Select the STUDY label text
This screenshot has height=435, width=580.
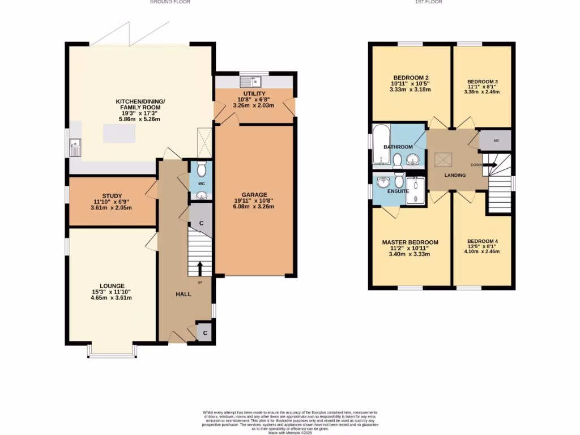112,197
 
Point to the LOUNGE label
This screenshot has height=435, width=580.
112,285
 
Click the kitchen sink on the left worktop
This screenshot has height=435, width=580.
75,148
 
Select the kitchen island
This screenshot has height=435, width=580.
121,134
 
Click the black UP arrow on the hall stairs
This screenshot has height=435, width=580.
200,268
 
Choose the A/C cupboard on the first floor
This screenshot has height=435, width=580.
496,140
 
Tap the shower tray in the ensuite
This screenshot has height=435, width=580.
415,189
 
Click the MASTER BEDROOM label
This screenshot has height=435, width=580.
410,242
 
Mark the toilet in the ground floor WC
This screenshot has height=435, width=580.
201,169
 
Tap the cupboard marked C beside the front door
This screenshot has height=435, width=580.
204,333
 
